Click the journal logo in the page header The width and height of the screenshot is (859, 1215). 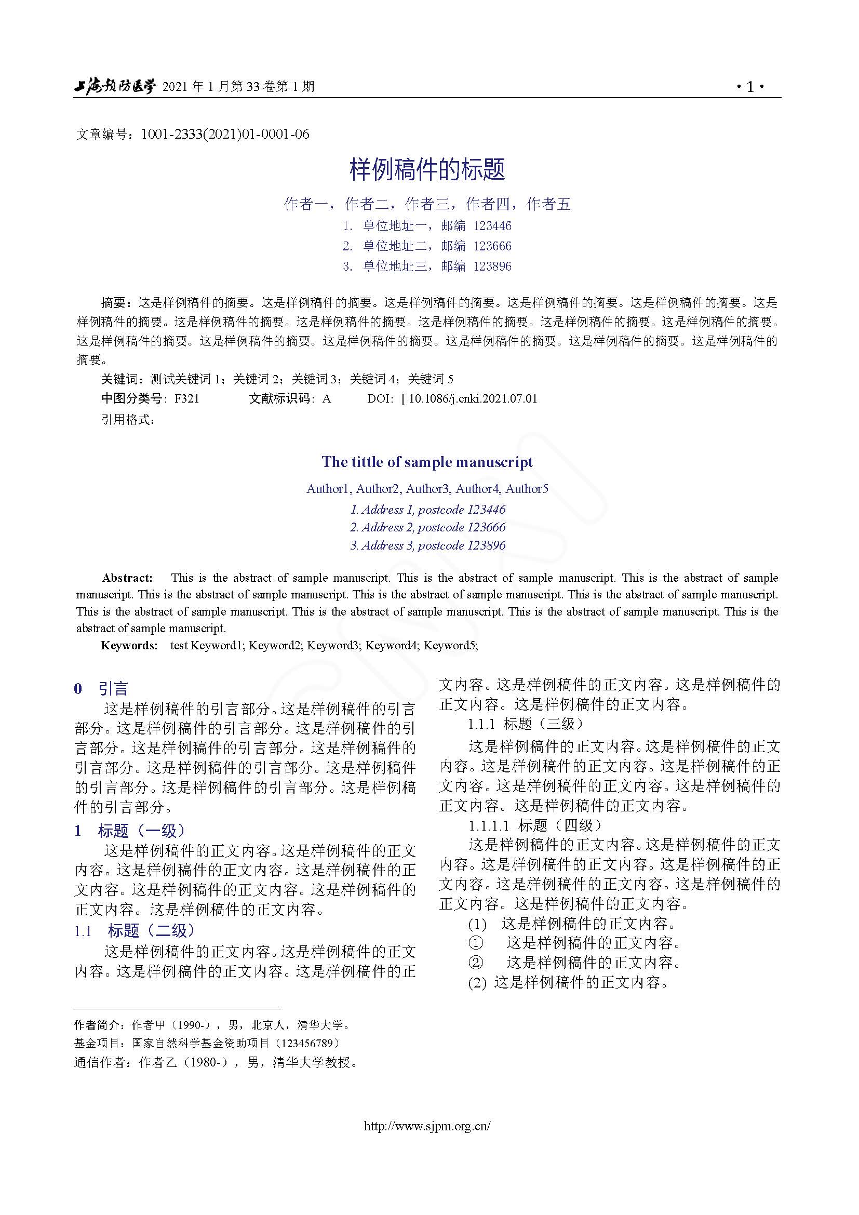[114, 86]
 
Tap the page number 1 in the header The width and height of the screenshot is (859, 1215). [750, 87]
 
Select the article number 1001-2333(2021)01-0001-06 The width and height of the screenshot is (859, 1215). [225, 135]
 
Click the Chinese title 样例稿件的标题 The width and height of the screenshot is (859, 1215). [427, 169]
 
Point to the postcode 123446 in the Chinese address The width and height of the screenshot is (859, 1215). [492, 226]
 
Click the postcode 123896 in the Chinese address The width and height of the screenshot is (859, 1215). [492, 266]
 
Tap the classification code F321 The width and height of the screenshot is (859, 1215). [187, 398]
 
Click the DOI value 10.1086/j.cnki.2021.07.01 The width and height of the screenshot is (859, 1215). [473, 398]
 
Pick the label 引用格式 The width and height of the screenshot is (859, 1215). [128, 420]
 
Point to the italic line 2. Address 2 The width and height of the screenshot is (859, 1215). [427, 527]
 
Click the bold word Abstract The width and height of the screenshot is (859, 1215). [127, 577]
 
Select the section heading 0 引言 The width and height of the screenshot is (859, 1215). [102, 688]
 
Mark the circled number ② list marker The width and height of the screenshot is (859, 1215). [476, 962]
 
